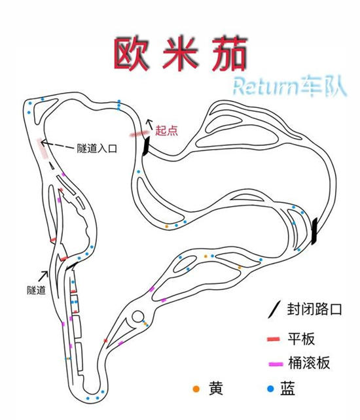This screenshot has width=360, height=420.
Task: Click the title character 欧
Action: [130, 54]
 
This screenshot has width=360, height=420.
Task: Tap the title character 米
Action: [181, 54]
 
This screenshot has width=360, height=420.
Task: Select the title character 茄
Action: [230, 54]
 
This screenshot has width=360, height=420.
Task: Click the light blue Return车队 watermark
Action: [290, 86]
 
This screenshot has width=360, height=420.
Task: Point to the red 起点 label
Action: [166, 131]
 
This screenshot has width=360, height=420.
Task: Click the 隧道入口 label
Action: [97, 148]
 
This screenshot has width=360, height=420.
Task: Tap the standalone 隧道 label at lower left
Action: [36, 290]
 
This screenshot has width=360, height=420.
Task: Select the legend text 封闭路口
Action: [315, 309]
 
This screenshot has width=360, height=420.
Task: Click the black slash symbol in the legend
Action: [274, 309]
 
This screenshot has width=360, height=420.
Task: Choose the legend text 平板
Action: [301, 339]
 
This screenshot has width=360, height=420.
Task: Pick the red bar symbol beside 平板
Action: [274, 339]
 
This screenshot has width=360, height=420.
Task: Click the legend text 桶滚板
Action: [309, 363]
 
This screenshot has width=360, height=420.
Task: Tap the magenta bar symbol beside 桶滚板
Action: [276, 364]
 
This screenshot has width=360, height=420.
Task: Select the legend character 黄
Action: [216, 388]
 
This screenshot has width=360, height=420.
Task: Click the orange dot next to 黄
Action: [196, 389]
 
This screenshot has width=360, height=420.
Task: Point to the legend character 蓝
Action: [287, 389]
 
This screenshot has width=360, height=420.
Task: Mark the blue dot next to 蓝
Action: [271, 389]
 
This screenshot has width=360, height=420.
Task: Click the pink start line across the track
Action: [139, 133]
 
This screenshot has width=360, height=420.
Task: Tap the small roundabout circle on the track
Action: [137, 317]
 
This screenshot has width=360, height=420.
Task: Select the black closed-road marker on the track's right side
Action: [314, 231]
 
